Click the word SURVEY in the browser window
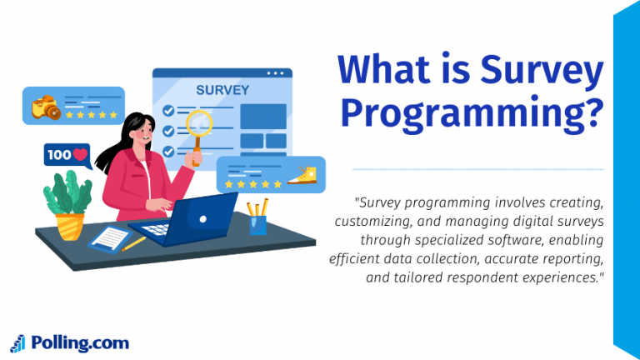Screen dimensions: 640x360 coord(222,90)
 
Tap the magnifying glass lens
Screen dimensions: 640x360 coord(199,122)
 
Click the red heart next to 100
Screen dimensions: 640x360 coord(80,155)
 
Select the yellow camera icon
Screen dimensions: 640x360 coord(46,107)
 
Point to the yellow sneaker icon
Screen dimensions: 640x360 coord(302,176)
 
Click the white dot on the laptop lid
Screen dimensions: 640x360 coord(202,219)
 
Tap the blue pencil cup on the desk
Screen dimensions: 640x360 coord(258,225)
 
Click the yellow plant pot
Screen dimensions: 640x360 coord(69,227)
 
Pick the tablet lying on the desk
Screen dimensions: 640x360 coord(110,239)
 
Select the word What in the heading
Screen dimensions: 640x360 coord(384,68)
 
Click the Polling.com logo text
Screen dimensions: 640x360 coord(80,343)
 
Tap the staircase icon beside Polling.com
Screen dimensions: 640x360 coord(18,343)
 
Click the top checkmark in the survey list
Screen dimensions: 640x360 coord(168,111)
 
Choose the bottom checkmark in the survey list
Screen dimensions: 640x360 coord(168,152)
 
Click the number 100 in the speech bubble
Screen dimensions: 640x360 coord(59,155)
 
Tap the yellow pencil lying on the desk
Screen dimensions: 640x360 coord(133,243)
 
